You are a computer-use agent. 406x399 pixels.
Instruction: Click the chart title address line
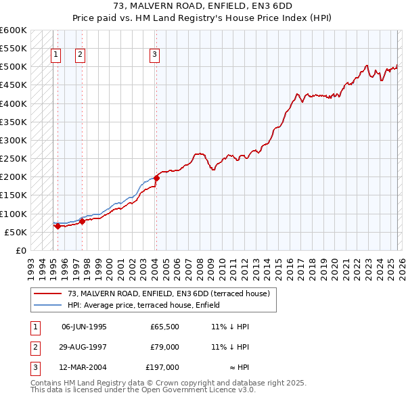tap(203, 5)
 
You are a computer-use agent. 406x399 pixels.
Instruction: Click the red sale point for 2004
tap(156, 178)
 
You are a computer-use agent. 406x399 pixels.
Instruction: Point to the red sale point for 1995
tap(58, 227)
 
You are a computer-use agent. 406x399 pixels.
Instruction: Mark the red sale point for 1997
tap(83, 221)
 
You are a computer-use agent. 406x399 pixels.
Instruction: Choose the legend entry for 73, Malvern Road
tap(168, 294)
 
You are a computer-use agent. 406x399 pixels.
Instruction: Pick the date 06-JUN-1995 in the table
tap(84, 326)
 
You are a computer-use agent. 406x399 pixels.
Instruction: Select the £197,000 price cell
tap(162, 368)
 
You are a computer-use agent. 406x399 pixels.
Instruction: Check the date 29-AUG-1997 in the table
tap(84, 347)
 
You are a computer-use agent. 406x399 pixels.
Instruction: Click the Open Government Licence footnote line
tap(143, 390)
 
